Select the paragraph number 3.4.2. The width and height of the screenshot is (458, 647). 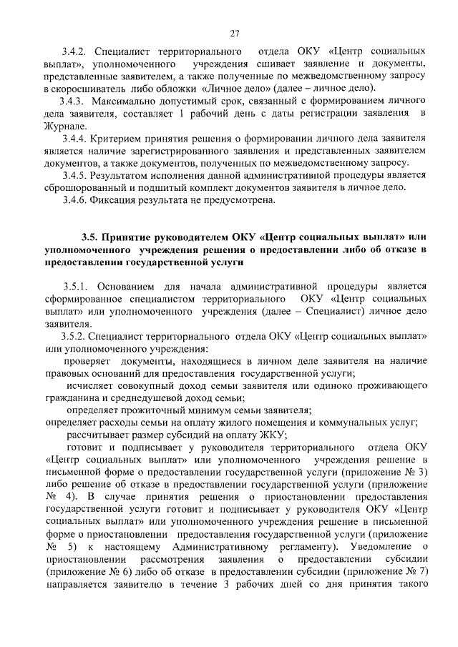[74, 51]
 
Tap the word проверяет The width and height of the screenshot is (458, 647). [90, 362]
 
